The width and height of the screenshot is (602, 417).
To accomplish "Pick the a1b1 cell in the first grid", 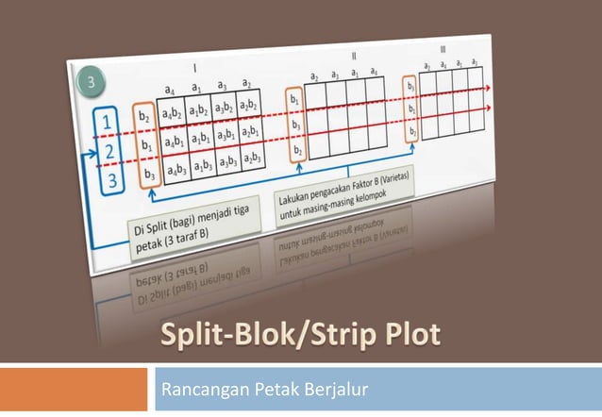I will pos(198,140).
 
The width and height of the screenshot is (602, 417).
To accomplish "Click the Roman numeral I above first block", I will pos(193,68).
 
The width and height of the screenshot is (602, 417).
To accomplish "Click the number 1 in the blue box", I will pos(110,124).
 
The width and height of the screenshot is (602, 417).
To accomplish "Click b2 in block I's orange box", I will pos(144,117).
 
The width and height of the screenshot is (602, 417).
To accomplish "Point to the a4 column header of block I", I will pos(170,90).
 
